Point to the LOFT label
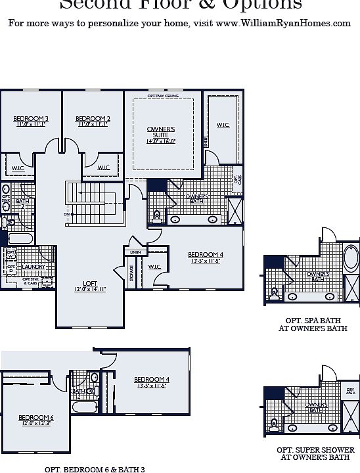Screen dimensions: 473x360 [89, 285]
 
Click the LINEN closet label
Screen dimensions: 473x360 [135, 252]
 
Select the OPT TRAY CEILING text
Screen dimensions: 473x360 [163, 96]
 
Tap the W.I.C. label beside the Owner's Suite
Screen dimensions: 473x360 [223, 124]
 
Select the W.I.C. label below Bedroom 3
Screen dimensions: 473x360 [18, 168]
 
